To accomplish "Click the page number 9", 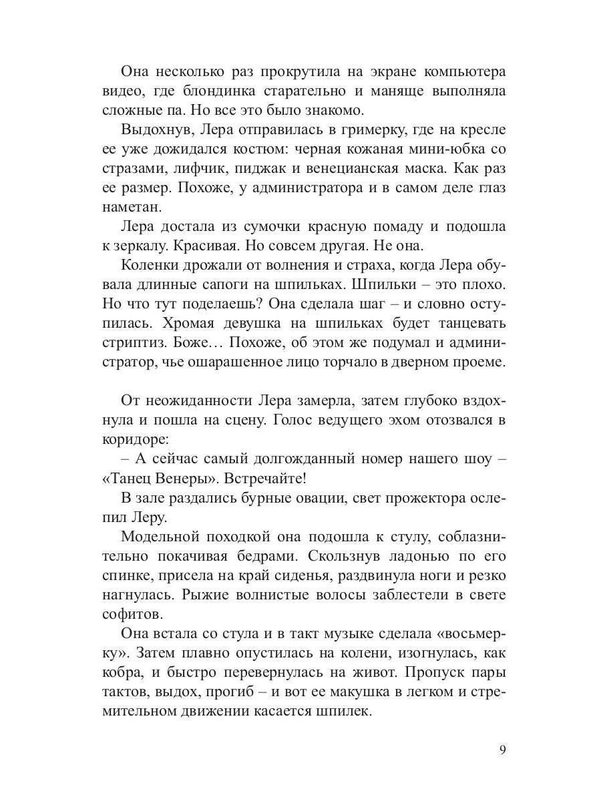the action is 502,749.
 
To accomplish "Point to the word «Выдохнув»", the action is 152,129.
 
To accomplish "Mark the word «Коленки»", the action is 150,264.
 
